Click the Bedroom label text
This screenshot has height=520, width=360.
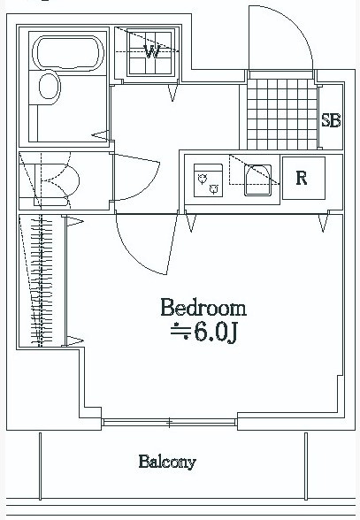click(x=203, y=308)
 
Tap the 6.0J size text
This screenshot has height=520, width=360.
click(x=215, y=332)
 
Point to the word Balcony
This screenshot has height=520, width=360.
click(x=167, y=462)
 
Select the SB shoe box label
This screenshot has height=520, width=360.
click(x=331, y=120)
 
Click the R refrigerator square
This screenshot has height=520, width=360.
click(x=303, y=178)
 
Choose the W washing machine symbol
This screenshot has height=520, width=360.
click(x=151, y=52)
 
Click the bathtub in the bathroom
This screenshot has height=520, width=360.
click(x=68, y=53)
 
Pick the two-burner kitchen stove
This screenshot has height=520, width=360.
click(x=208, y=180)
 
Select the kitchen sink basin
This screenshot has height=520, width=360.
click(x=257, y=180)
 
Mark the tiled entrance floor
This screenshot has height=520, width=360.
click(x=282, y=114)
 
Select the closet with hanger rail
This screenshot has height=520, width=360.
click(x=42, y=281)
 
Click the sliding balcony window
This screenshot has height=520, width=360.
click(x=169, y=423)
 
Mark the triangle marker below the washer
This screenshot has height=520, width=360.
click(x=172, y=93)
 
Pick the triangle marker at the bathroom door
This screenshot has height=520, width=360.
click(x=101, y=135)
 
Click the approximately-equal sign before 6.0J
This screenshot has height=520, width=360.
click(x=180, y=331)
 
